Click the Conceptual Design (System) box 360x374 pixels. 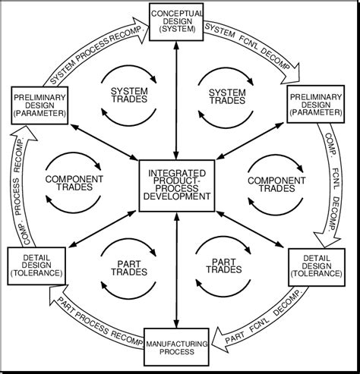pyautogui.click(x=176, y=21)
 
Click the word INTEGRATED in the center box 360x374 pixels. pyautogui.click(x=176, y=174)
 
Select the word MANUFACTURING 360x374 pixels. pyautogui.click(x=176, y=343)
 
